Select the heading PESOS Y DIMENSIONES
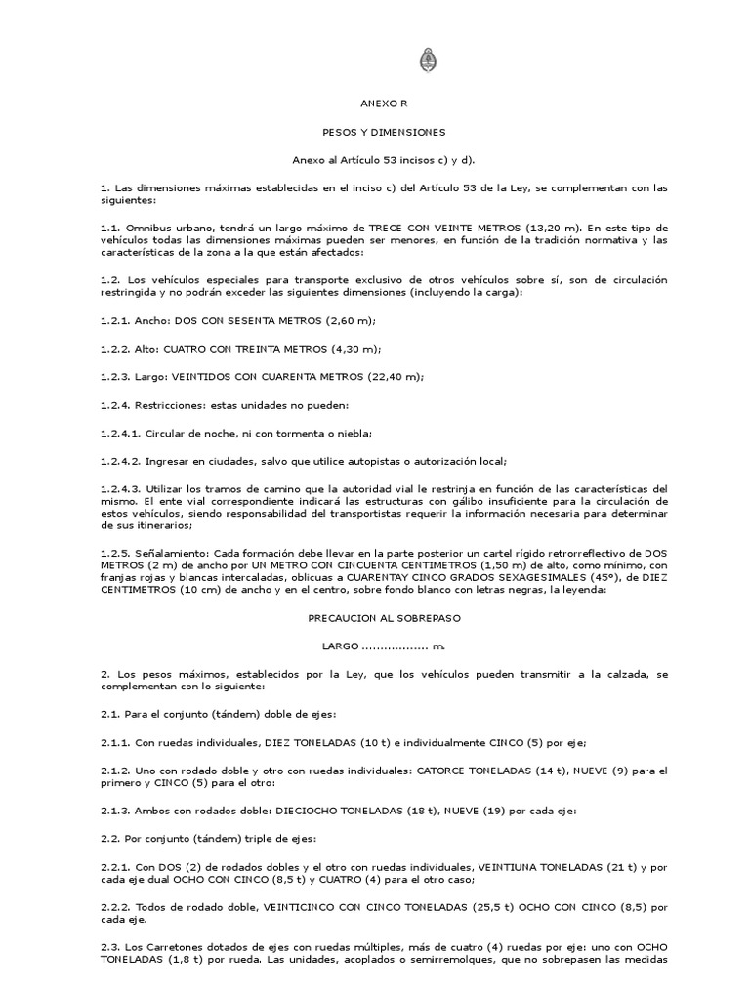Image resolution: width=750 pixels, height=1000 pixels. (375, 130)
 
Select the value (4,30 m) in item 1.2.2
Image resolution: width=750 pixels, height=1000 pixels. (353, 349)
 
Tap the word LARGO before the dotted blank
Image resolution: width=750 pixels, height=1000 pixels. (341, 647)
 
